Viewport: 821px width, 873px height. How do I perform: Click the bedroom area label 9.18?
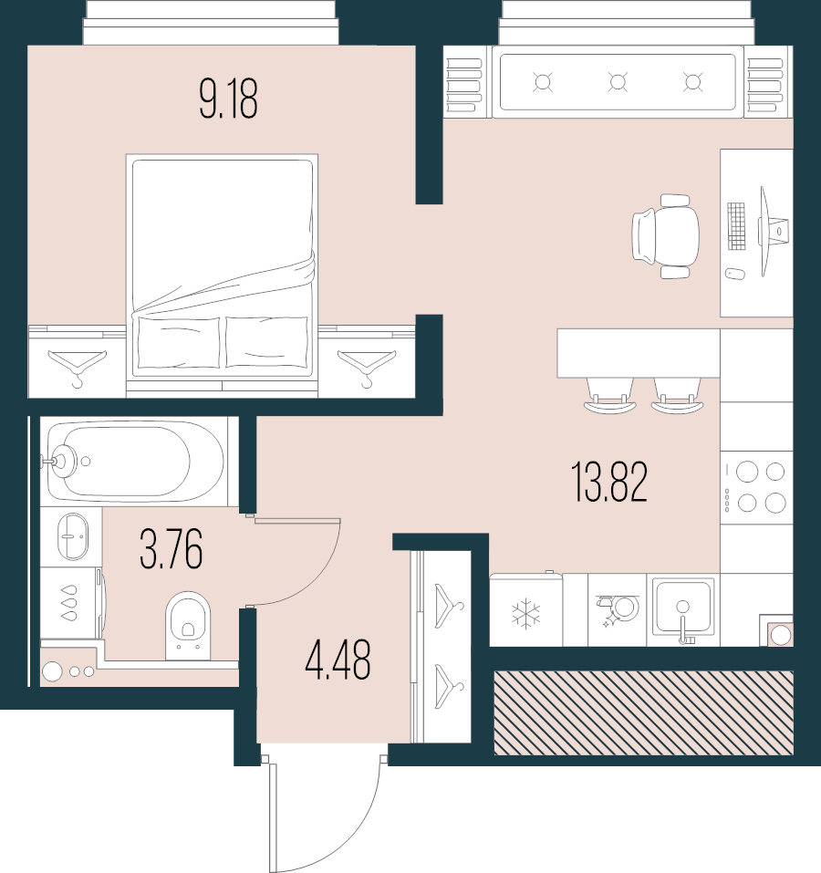click(x=228, y=99)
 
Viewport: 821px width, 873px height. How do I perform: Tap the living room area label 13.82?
click(x=609, y=483)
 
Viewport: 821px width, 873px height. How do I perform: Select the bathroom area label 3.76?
click(x=171, y=548)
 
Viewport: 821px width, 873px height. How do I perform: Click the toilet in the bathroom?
click(x=189, y=622)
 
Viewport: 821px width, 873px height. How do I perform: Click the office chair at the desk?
click(x=668, y=235)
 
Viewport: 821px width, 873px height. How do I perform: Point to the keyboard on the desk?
click(x=736, y=225)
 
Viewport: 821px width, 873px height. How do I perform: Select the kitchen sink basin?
click(x=682, y=605)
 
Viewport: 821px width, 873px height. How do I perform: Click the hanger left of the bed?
click(x=76, y=365)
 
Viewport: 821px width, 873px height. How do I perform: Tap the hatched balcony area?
click(x=643, y=712)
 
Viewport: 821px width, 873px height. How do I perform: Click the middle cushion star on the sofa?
click(x=618, y=82)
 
